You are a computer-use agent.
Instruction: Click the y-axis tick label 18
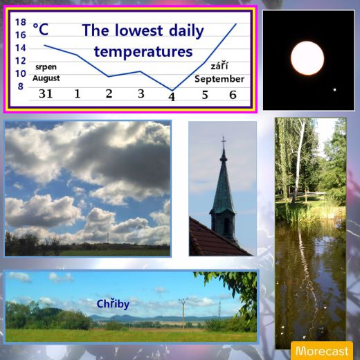[21, 22]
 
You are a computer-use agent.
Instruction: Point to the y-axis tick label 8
[21, 87]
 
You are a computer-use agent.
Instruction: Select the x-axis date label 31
[46, 93]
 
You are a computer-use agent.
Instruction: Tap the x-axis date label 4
[172, 97]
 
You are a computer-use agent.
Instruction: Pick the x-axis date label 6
[233, 95]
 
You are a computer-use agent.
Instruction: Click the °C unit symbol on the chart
[41, 29]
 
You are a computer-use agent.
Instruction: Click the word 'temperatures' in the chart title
[143, 52]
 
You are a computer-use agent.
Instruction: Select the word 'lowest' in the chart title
[138, 30]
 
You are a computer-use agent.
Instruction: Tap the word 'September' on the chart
[219, 79]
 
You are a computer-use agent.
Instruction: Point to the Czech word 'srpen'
[46, 67]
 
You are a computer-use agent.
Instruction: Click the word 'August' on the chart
[46, 78]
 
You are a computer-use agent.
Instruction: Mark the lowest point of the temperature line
[172, 90]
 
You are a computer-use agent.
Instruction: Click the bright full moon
[307, 58]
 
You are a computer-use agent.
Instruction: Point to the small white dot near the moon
[334, 90]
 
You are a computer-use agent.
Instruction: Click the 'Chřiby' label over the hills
[113, 304]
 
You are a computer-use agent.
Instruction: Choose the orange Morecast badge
[322, 350]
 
